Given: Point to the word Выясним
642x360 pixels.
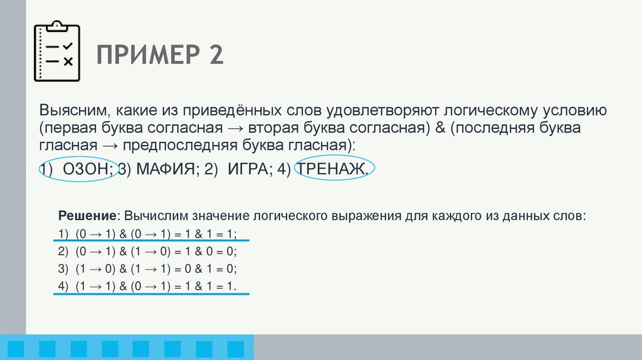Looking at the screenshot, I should pos(70,111).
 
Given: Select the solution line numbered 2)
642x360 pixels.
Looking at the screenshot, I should pos(146,251).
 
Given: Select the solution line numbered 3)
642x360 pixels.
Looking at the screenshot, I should pos(146,269).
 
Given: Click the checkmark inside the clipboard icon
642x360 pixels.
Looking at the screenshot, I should pos(68,46).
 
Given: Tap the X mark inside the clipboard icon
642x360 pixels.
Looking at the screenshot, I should pos(68,61).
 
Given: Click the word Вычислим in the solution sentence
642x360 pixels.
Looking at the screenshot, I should pos(152,215).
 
